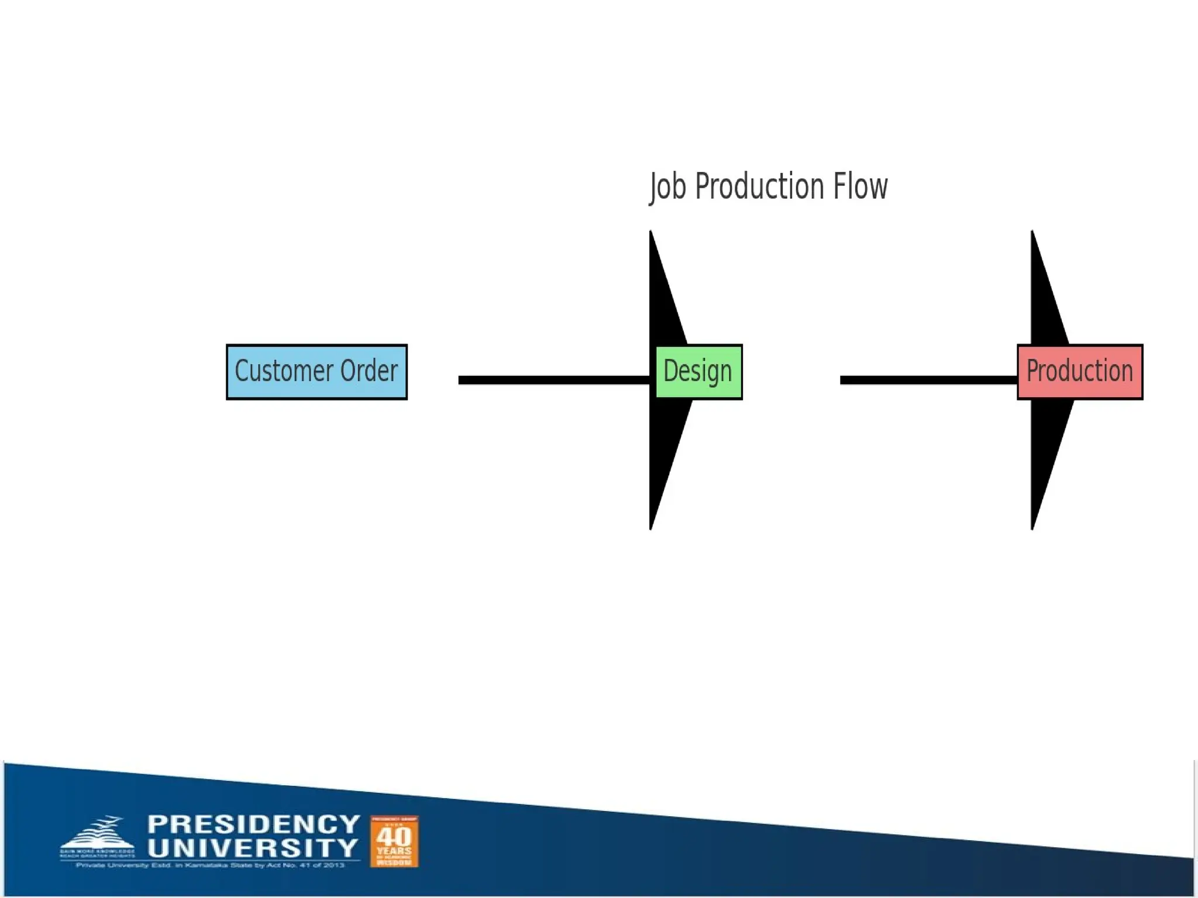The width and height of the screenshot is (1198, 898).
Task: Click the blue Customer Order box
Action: click(x=316, y=372)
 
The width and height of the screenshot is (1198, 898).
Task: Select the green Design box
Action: click(x=698, y=372)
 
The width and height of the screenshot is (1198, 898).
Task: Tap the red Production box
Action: click(x=1080, y=372)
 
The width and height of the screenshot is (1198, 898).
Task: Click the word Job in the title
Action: click(x=667, y=187)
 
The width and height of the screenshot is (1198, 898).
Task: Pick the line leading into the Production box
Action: click(x=928, y=380)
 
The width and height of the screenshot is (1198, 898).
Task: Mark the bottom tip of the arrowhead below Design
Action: click(x=651, y=527)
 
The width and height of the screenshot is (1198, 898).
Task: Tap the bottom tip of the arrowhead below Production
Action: click(x=1032, y=527)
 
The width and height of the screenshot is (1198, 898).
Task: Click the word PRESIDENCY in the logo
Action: click(x=253, y=824)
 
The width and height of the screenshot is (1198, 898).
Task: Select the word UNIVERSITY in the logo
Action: click(x=253, y=848)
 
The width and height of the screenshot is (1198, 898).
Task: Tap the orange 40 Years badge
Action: click(x=394, y=841)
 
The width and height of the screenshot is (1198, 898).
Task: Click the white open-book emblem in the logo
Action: click(x=97, y=833)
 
